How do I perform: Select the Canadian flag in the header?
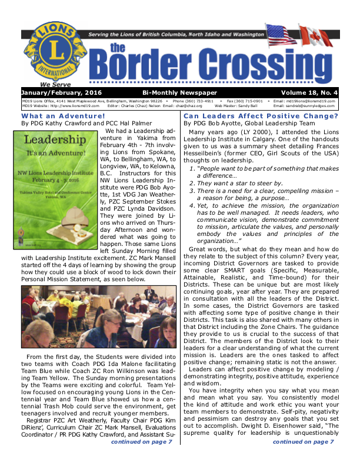(x=321, y=36)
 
